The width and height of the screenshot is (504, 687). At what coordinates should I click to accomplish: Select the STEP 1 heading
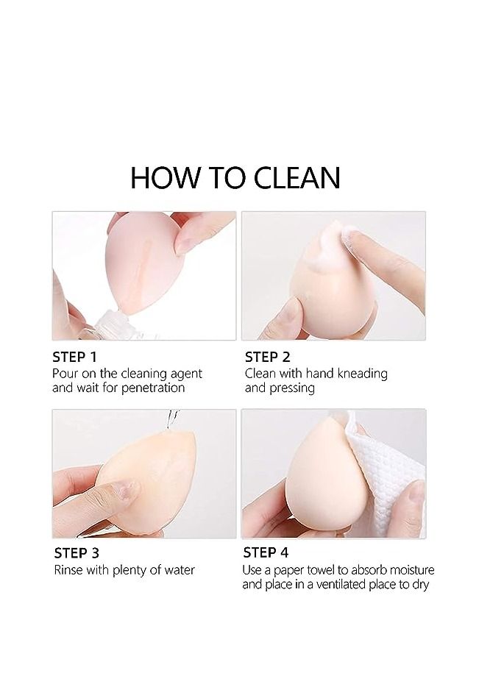(x=75, y=357)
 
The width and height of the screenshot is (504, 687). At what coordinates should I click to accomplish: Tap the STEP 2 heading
(x=267, y=357)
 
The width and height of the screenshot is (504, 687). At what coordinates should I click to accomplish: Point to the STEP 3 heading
(x=77, y=553)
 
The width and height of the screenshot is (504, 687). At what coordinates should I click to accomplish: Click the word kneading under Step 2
(x=361, y=374)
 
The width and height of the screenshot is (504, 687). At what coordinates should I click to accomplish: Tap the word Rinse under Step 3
(x=68, y=570)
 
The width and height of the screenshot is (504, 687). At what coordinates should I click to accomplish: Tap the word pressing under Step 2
(x=292, y=388)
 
